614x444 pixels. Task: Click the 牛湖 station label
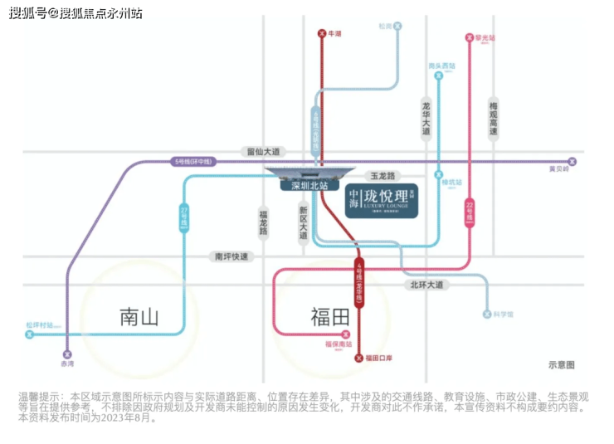tap(335, 34)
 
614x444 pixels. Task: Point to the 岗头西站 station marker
tap(437, 75)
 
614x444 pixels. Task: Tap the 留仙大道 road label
tap(263, 152)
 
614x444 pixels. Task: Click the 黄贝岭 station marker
tap(572, 161)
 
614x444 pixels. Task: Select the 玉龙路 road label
tap(384, 176)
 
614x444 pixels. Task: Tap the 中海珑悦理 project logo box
tap(381, 200)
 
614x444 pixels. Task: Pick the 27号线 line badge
tap(183, 217)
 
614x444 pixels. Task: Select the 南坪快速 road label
tap(231, 256)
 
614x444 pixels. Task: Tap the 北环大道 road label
tap(427, 285)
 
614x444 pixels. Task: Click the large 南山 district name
tap(139, 316)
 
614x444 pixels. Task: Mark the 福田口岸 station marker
tap(359, 359)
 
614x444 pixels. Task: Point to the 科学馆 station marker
tap(487, 315)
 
